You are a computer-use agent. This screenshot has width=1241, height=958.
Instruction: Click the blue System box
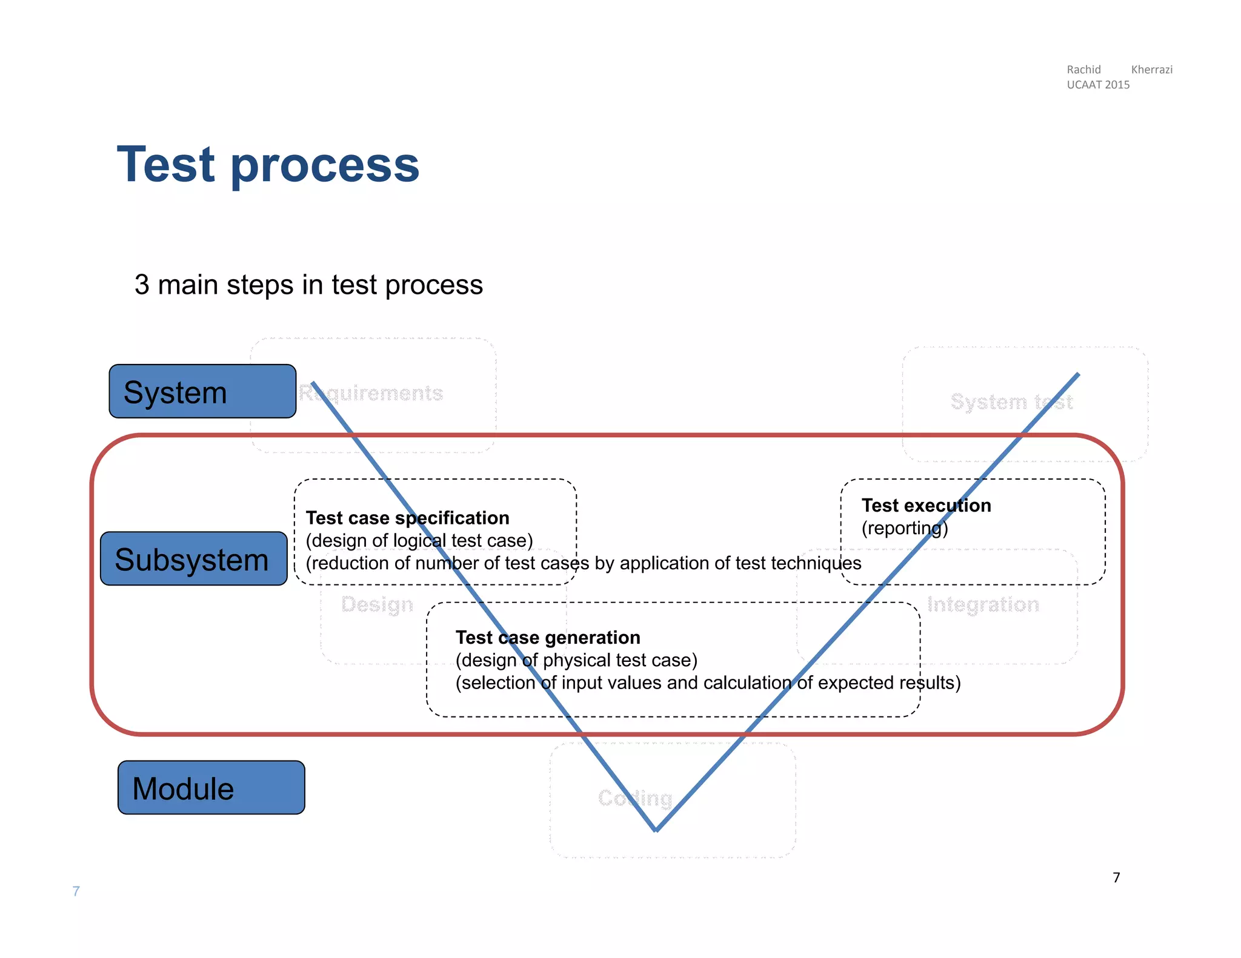pyautogui.click(x=202, y=391)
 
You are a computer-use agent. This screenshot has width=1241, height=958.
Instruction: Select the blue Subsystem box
pyautogui.click(x=193, y=558)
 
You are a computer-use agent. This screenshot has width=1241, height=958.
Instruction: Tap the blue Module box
pyautogui.click(x=211, y=787)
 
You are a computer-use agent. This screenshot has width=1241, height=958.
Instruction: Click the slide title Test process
pyautogui.click(x=268, y=165)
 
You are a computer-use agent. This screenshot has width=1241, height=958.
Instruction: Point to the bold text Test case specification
pyautogui.click(x=407, y=518)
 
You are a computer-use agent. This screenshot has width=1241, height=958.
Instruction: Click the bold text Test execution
pyautogui.click(x=926, y=505)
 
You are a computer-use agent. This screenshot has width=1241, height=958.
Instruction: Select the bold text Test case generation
pyautogui.click(x=547, y=637)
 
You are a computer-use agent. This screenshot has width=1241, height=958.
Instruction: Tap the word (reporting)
pyautogui.click(x=904, y=528)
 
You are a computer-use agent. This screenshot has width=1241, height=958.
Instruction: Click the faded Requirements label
pyautogui.click(x=371, y=394)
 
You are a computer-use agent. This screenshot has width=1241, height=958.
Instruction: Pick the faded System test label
pyautogui.click(x=1011, y=402)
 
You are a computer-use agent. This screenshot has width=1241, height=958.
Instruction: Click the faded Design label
pyautogui.click(x=377, y=604)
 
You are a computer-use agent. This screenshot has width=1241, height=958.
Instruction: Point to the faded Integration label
pyautogui.click(x=983, y=604)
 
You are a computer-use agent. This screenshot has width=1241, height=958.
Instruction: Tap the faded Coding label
pyautogui.click(x=634, y=798)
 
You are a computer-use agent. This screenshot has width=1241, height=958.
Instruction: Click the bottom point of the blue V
pyautogui.click(x=656, y=830)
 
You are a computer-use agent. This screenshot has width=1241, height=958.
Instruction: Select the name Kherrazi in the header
pyautogui.click(x=1151, y=70)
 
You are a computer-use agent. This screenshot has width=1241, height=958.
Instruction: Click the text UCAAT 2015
pyautogui.click(x=1098, y=85)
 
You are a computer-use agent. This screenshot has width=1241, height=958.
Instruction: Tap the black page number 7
pyautogui.click(x=1116, y=877)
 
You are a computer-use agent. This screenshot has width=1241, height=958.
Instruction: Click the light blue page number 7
pyautogui.click(x=76, y=891)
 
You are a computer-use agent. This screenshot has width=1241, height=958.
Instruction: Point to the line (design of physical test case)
pyautogui.click(x=576, y=660)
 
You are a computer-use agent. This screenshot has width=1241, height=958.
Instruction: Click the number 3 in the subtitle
pyautogui.click(x=142, y=285)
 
